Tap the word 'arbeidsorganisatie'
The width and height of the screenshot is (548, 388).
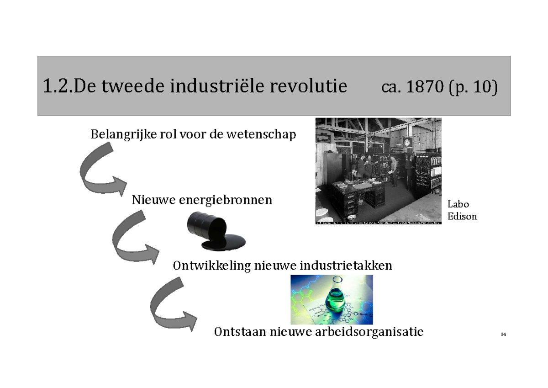coord(369,332)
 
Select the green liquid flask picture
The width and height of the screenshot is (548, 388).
coord(332,299)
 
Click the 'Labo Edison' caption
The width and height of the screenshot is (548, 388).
coord(462,210)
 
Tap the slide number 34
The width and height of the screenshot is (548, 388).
coord(503,335)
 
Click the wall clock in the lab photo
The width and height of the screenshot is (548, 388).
coord(406,142)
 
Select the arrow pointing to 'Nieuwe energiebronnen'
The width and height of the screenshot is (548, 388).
coord(103,171)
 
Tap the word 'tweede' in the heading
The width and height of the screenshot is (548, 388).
coord(135,86)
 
